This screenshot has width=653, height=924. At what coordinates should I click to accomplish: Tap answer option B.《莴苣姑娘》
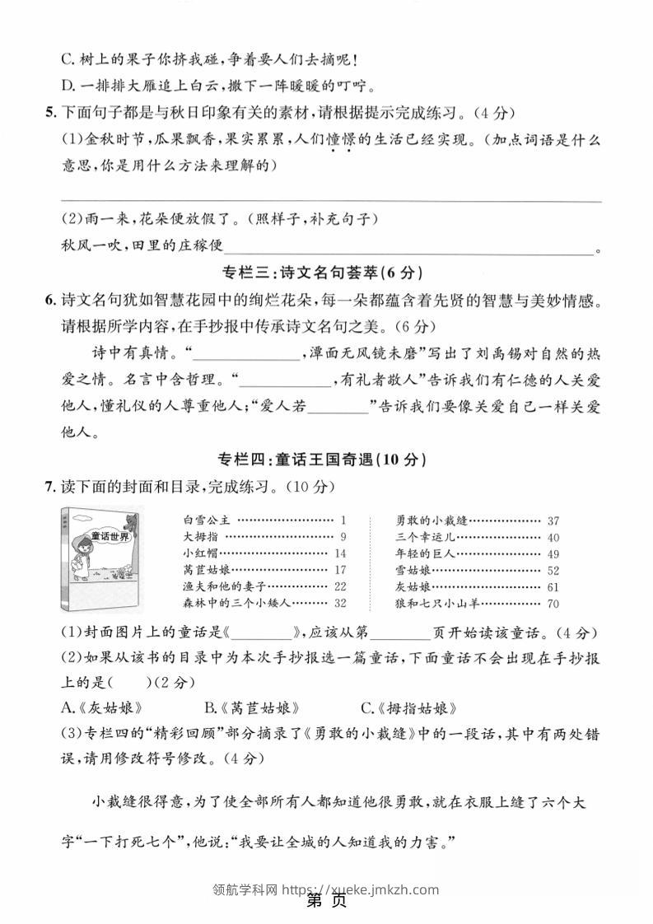[251, 707]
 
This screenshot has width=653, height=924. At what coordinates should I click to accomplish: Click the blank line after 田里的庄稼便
[408, 248]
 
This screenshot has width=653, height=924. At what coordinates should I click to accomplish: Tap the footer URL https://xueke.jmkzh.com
[360, 889]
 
